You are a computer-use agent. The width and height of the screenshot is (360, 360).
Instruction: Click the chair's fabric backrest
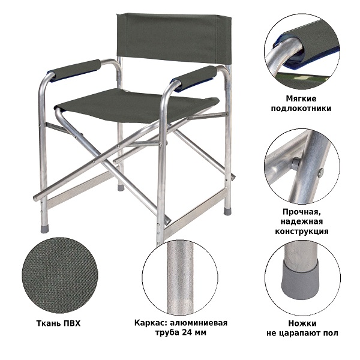[173, 38]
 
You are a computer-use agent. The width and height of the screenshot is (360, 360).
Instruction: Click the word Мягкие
[301, 99]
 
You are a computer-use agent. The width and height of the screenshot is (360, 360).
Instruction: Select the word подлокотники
[301, 108]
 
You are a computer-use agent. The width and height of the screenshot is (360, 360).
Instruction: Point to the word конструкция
[302, 231]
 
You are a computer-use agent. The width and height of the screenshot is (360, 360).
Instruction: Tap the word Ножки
[302, 323]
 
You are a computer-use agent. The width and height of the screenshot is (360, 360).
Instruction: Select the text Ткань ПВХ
[58, 323]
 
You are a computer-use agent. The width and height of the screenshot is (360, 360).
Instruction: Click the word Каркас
[151, 323]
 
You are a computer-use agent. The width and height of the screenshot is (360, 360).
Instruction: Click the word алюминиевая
[199, 323]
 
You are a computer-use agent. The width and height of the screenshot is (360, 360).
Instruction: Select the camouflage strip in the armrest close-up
[303, 79]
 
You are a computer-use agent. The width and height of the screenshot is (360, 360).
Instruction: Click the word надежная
[301, 221]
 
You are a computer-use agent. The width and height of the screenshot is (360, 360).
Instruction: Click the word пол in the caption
[333, 333]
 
